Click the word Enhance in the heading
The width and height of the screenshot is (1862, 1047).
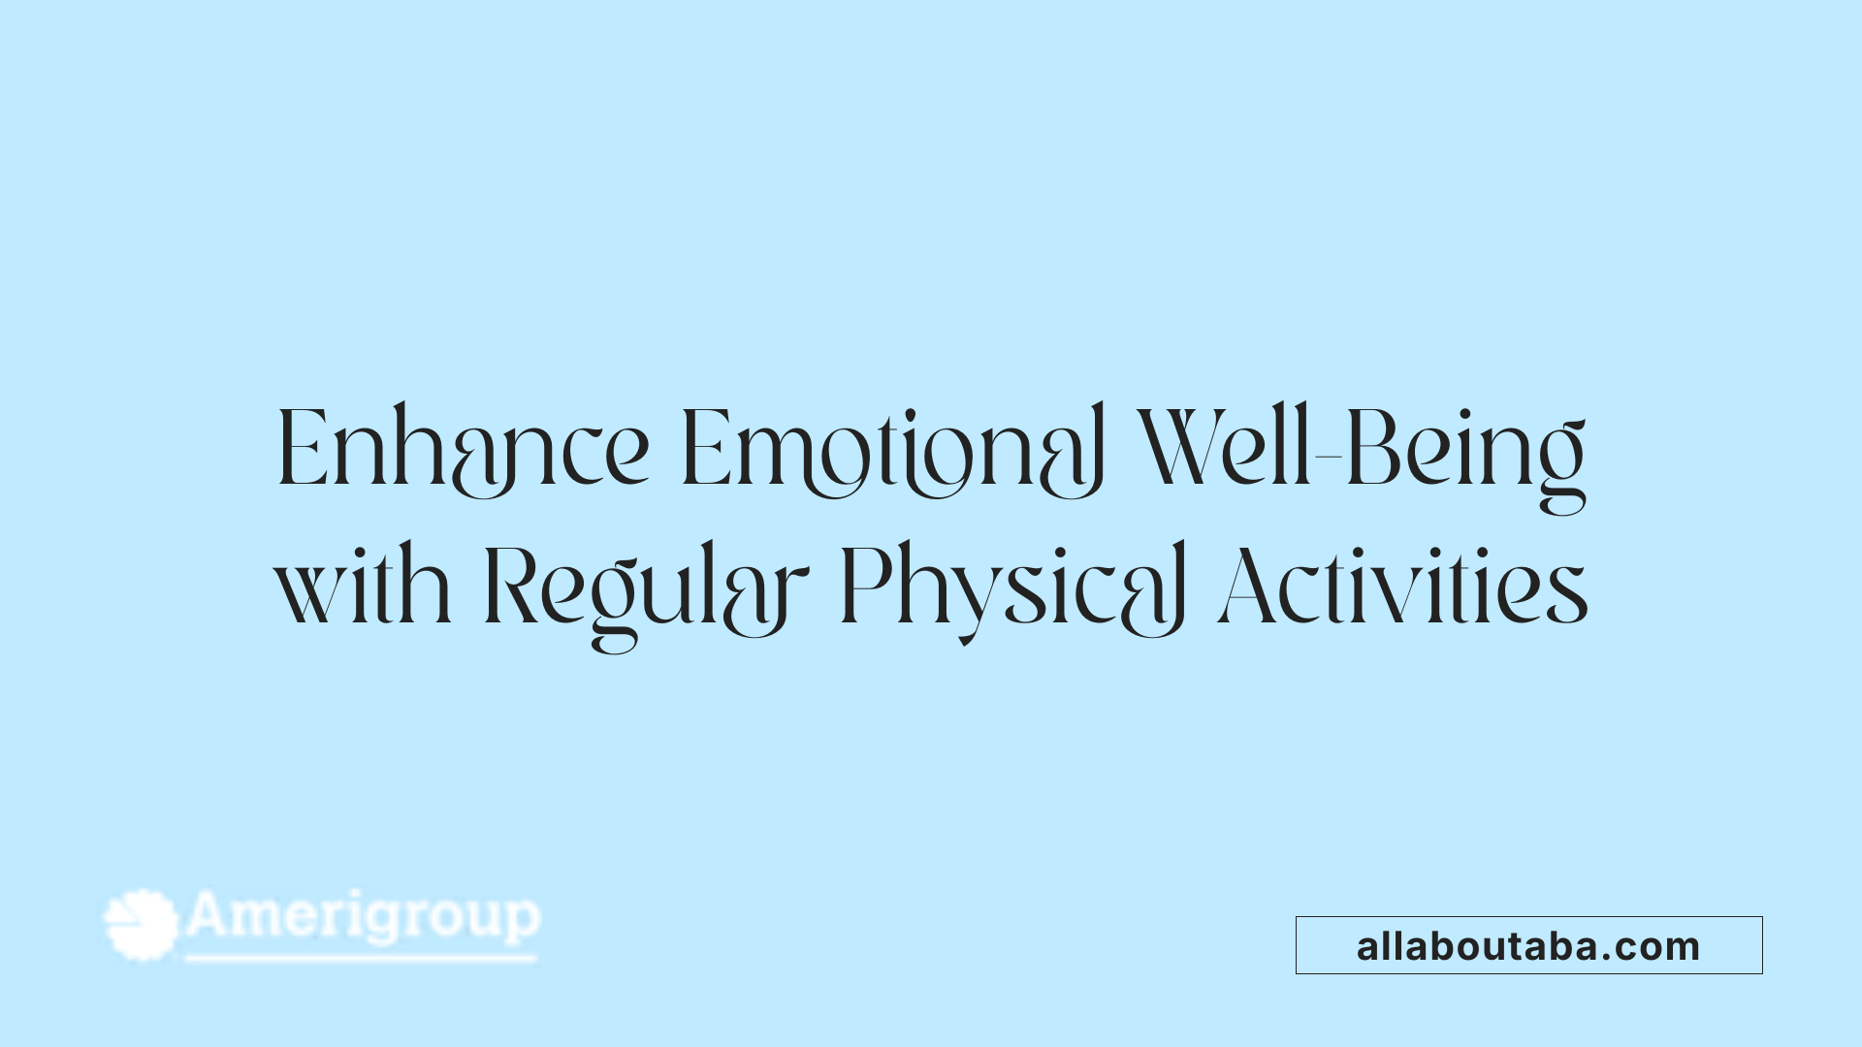tap(463, 450)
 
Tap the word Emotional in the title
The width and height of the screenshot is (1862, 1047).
tap(892, 450)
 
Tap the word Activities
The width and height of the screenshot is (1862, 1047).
tap(1403, 587)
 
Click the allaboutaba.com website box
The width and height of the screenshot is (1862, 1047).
tap(1528, 945)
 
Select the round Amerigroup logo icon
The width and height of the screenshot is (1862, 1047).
tap(142, 924)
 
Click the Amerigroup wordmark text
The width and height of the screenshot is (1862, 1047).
tap(363, 916)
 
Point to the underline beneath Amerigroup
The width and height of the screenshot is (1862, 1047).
tap(361, 959)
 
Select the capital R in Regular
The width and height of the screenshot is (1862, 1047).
tap(510, 587)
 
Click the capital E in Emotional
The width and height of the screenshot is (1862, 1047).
tap(703, 450)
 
